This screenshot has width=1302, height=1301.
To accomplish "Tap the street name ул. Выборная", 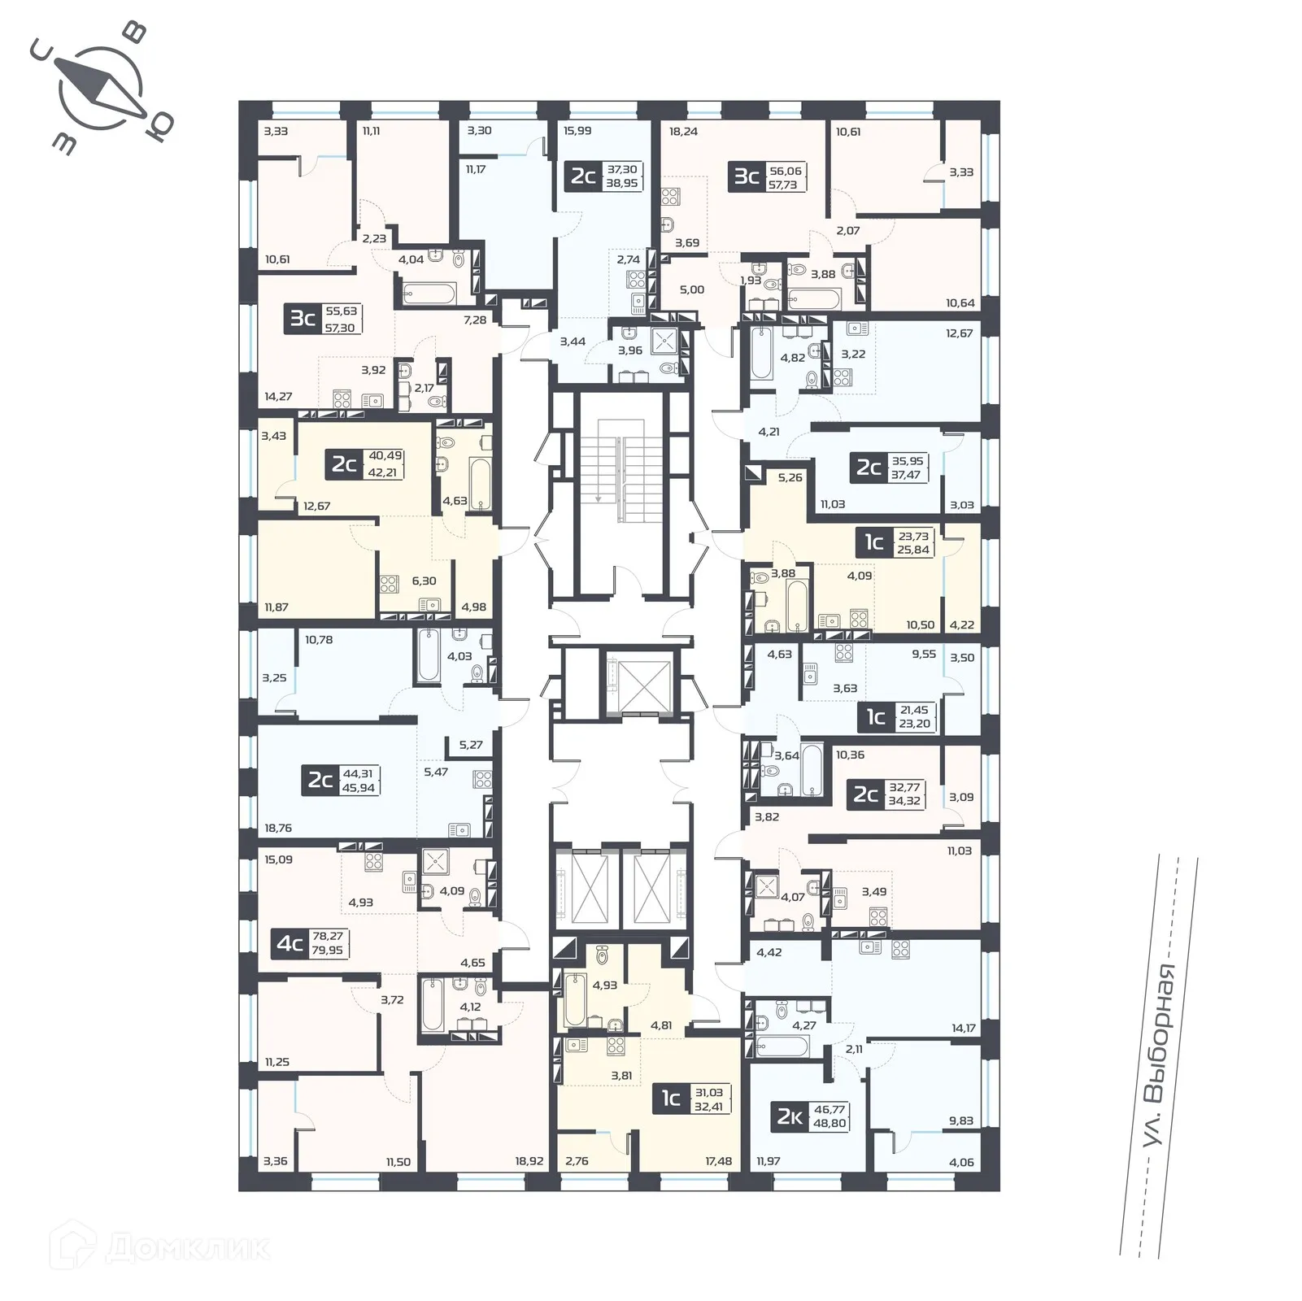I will pyautogui.click(x=1159, y=1056).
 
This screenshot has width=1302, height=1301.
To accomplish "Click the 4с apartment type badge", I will pyautogui.click(x=290, y=944).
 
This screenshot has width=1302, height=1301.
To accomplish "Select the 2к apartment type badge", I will pyautogui.click(x=787, y=1117).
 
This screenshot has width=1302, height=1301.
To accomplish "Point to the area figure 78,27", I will pyautogui.click(x=328, y=937).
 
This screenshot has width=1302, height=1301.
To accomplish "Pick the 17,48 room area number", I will pyautogui.click(x=719, y=1161).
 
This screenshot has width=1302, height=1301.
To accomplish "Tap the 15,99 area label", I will pyautogui.click(x=577, y=131).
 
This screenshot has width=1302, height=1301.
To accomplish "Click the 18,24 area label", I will pyautogui.click(x=683, y=131).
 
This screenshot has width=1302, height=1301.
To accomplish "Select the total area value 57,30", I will pyautogui.click(x=341, y=328).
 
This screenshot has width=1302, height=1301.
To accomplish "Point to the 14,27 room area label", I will pyautogui.click(x=278, y=397).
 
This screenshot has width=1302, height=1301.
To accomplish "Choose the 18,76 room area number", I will pyautogui.click(x=278, y=828).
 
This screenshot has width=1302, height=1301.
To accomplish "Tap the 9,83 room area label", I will pyautogui.click(x=961, y=1120).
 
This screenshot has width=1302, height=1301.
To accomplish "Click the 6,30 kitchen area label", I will pyautogui.click(x=424, y=581).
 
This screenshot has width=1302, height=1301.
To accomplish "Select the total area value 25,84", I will pyautogui.click(x=913, y=550).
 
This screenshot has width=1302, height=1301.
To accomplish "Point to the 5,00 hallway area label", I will pyautogui.click(x=692, y=289).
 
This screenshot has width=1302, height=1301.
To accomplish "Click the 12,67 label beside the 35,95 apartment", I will pyautogui.click(x=960, y=333).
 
